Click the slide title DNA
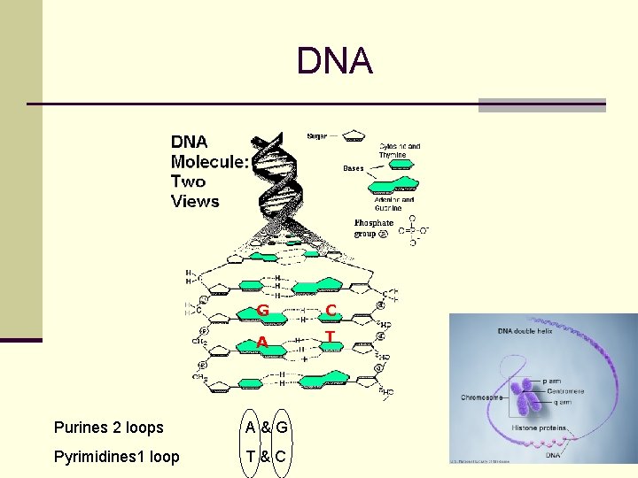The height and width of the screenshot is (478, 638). pos(335,62)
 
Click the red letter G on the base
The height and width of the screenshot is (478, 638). pos(263,310)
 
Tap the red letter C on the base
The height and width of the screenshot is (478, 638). pos(331,309)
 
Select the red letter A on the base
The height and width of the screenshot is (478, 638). pos(263,343)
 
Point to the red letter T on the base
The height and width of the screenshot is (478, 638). pos(330,337)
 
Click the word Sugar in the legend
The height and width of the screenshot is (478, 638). pos(316,136)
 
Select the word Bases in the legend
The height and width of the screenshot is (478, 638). pos(353,168)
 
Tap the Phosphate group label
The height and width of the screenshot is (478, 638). pos(372,228)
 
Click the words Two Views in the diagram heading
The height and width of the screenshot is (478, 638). pos(194,191)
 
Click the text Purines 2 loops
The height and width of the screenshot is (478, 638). pos(109,428)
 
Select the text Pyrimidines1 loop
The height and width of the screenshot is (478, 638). pos(116,457)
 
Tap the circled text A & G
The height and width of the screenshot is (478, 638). pos(267,428)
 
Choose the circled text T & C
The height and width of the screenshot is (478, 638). pos(266,457)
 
